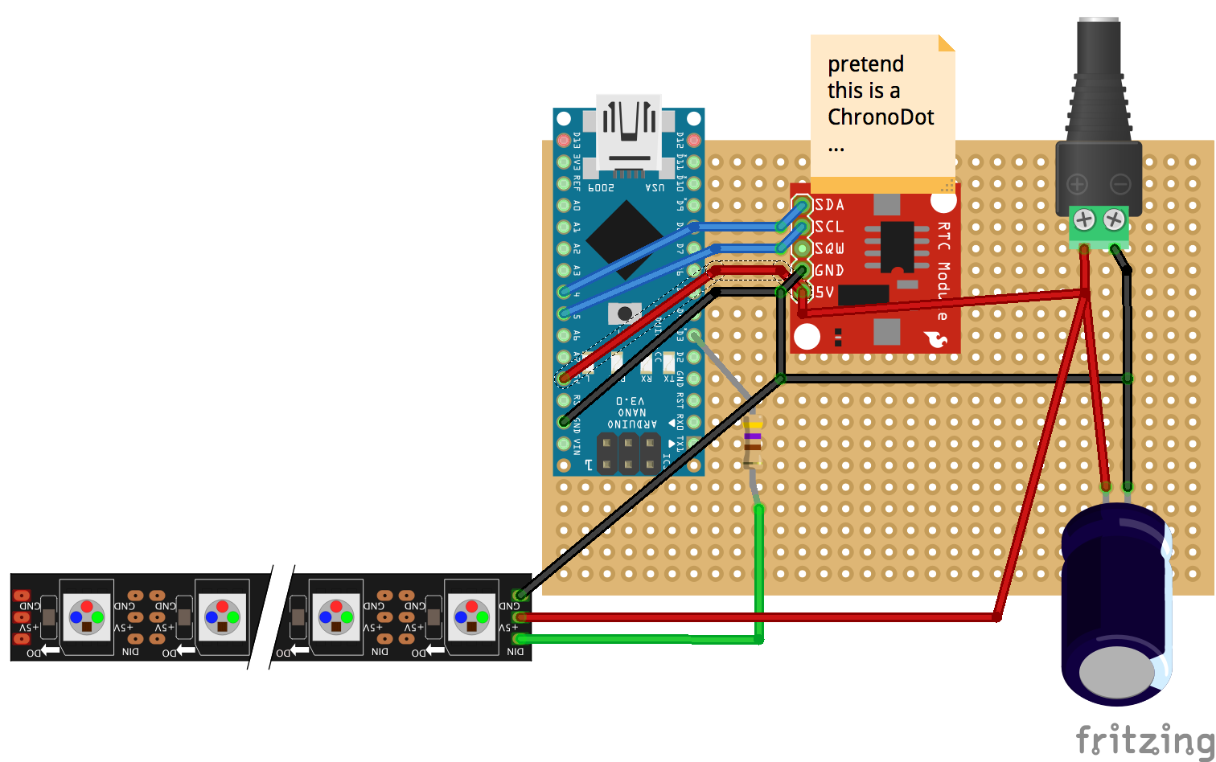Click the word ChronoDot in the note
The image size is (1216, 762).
pos(881,117)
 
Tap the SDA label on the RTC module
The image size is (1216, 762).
pos(829,205)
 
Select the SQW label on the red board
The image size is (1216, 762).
pos(829,248)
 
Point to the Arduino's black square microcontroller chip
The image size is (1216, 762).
pos(624,240)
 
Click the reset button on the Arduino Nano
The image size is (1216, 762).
pos(625,313)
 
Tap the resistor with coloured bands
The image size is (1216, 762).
pos(752,440)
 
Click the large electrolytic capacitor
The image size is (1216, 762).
pos(1116,603)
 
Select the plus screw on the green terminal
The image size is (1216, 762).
pos(1084,219)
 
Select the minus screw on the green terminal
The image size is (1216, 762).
pos(1114,219)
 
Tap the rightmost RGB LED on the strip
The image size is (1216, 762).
pos(471,617)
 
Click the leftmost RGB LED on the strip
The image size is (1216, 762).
pos(86,617)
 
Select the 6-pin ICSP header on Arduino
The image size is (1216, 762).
pos(628,453)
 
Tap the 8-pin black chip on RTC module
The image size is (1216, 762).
pos(896,247)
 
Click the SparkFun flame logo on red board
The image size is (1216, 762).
pos(936,340)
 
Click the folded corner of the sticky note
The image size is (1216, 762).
pos(947,43)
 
